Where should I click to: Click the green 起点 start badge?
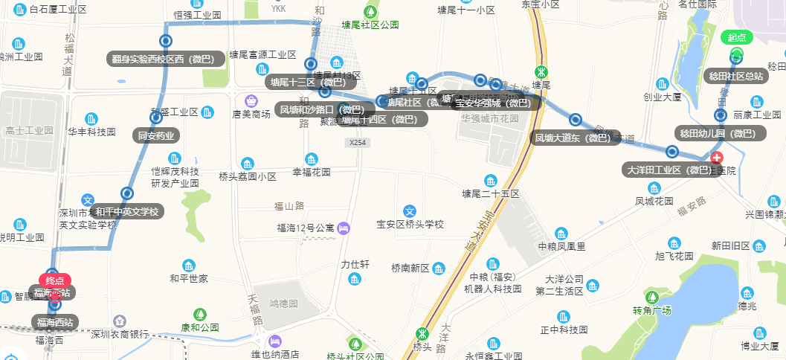point(736,37)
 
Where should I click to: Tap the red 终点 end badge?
point(55,280)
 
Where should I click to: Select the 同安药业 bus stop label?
point(156,135)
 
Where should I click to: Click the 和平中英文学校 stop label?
point(127,211)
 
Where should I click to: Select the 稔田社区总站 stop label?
point(735,75)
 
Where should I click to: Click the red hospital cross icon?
point(717,158)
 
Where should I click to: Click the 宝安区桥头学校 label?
point(410,224)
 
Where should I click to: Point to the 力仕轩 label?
point(355,264)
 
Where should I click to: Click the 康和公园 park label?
point(199,327)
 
